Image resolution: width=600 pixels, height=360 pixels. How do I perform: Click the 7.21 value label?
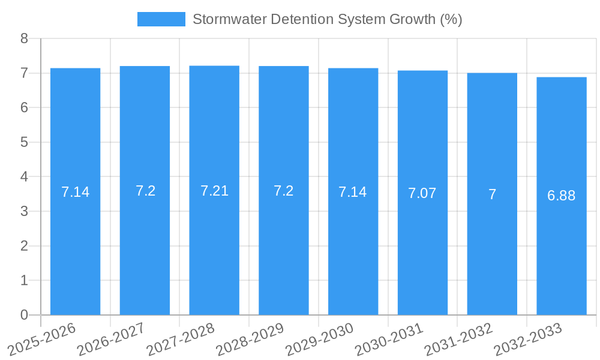click(x=214, y=191)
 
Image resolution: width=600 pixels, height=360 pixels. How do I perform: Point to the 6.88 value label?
click(x=562, y=196)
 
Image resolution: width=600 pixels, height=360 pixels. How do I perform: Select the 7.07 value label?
click(x=422, y=193)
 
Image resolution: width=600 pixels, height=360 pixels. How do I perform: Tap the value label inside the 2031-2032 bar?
click(x=492, y=194)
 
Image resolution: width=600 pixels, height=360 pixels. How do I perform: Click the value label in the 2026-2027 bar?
click(x=145, y=191)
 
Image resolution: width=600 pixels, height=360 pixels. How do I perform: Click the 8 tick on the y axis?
click(x=25, y=38)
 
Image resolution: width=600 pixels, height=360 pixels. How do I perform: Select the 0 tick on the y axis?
click(x=25, y=315)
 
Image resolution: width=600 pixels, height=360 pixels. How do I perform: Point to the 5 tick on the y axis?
click(x=25, y=142)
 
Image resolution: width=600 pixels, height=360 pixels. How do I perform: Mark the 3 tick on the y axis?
click(x=25, y=211)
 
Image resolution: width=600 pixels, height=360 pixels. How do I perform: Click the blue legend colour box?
click(x=161, y=19)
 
